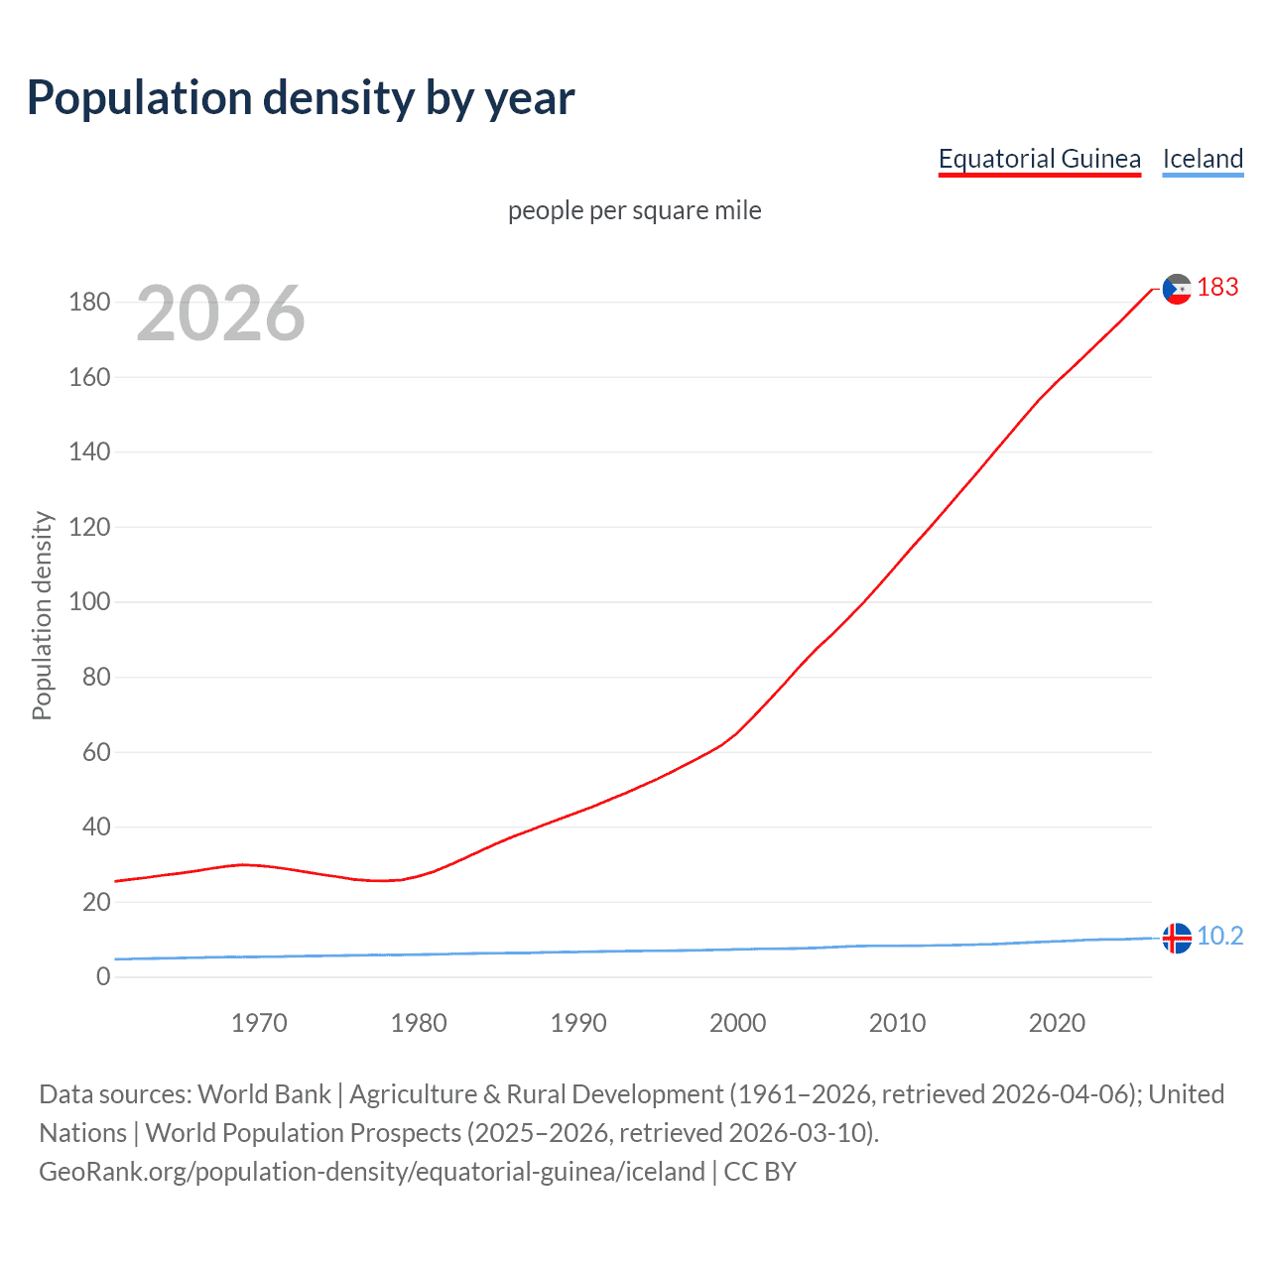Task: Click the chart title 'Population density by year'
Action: pyautogui.click(x=301, y=98)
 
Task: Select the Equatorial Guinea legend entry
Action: pyautogui.click(x=1039, y=159)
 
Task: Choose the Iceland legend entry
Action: pyautogui.click(x=1203, y=159)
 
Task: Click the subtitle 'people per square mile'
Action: pyautogui.click(x=634, y=210)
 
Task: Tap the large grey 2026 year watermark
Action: pyautogui.click(x=220, y=314)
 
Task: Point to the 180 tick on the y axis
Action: pyautogui.click(x=89, y=302)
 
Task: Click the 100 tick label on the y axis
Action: pyautogui.click(x=89, y=602)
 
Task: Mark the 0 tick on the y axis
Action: pyautogui.click(x=103, y=976)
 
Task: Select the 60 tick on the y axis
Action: pyautogui.click(x=96, y=752)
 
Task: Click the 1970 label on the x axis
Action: pyautogui.click(x=259, y=1023)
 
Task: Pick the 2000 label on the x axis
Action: pyautogui.click(x=737, y=1023)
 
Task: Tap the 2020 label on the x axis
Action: pyautogui.click(x=1057, y=1023)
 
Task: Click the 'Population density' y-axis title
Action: pyautogui.click(x=42, y=615)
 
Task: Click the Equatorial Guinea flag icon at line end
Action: pyautogui.click(x=1176, y=289)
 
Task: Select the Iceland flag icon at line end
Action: pyautogui.click(x=1176, y=938)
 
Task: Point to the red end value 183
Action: pyautogui.click(x=1217, y=287)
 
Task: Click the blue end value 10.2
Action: pyautogui.click(x=1219, y=936)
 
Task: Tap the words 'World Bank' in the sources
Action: pyautogui.click(x=264, y=1093)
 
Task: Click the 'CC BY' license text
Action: pyautogui.click(x=760, y=1172)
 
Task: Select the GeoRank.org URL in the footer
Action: pyautogui.click(x=372, y=1172)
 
